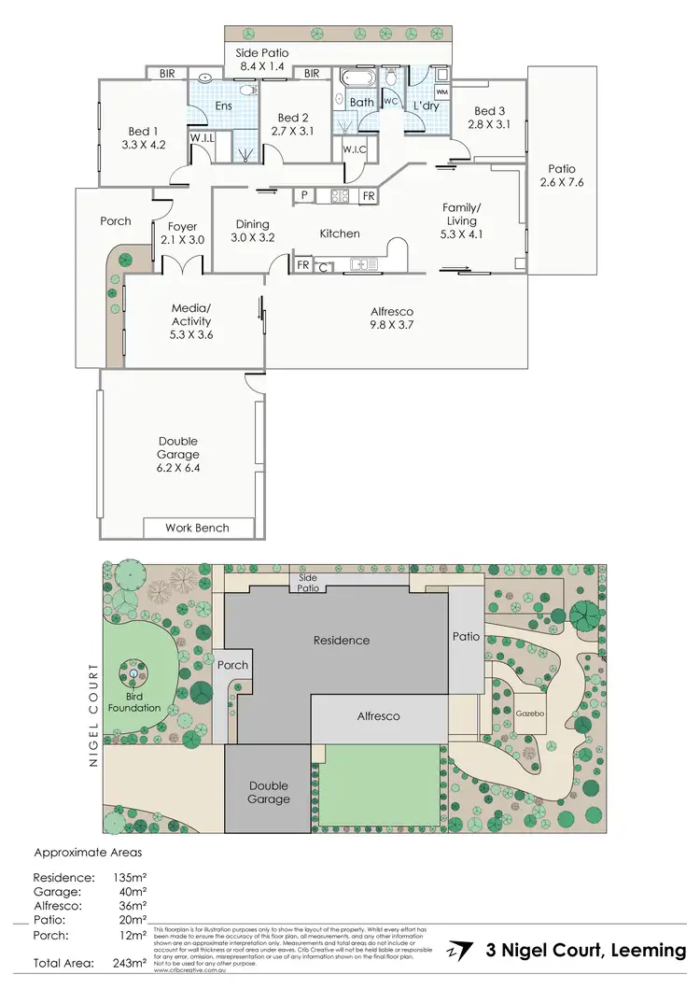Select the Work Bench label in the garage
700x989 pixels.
(197, 528)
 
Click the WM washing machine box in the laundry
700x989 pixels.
(441, 92)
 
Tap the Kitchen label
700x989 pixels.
(340, 233)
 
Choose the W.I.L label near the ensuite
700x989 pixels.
(203, 138)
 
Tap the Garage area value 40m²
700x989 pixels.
(132, 892)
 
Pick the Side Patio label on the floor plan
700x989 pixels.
(261, 54)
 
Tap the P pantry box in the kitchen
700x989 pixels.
(304, 195)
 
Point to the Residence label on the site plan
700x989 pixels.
(341, 640)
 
